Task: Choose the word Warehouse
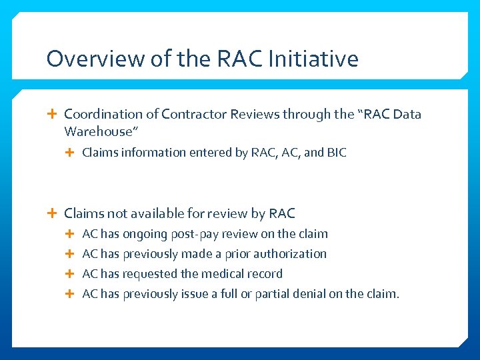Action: [99, 131]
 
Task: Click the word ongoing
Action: [145, 234]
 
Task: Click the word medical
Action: [224, 274]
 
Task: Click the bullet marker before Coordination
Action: [53, 114]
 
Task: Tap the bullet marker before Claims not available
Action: [53, 213]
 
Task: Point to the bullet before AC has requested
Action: [71, 274]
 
